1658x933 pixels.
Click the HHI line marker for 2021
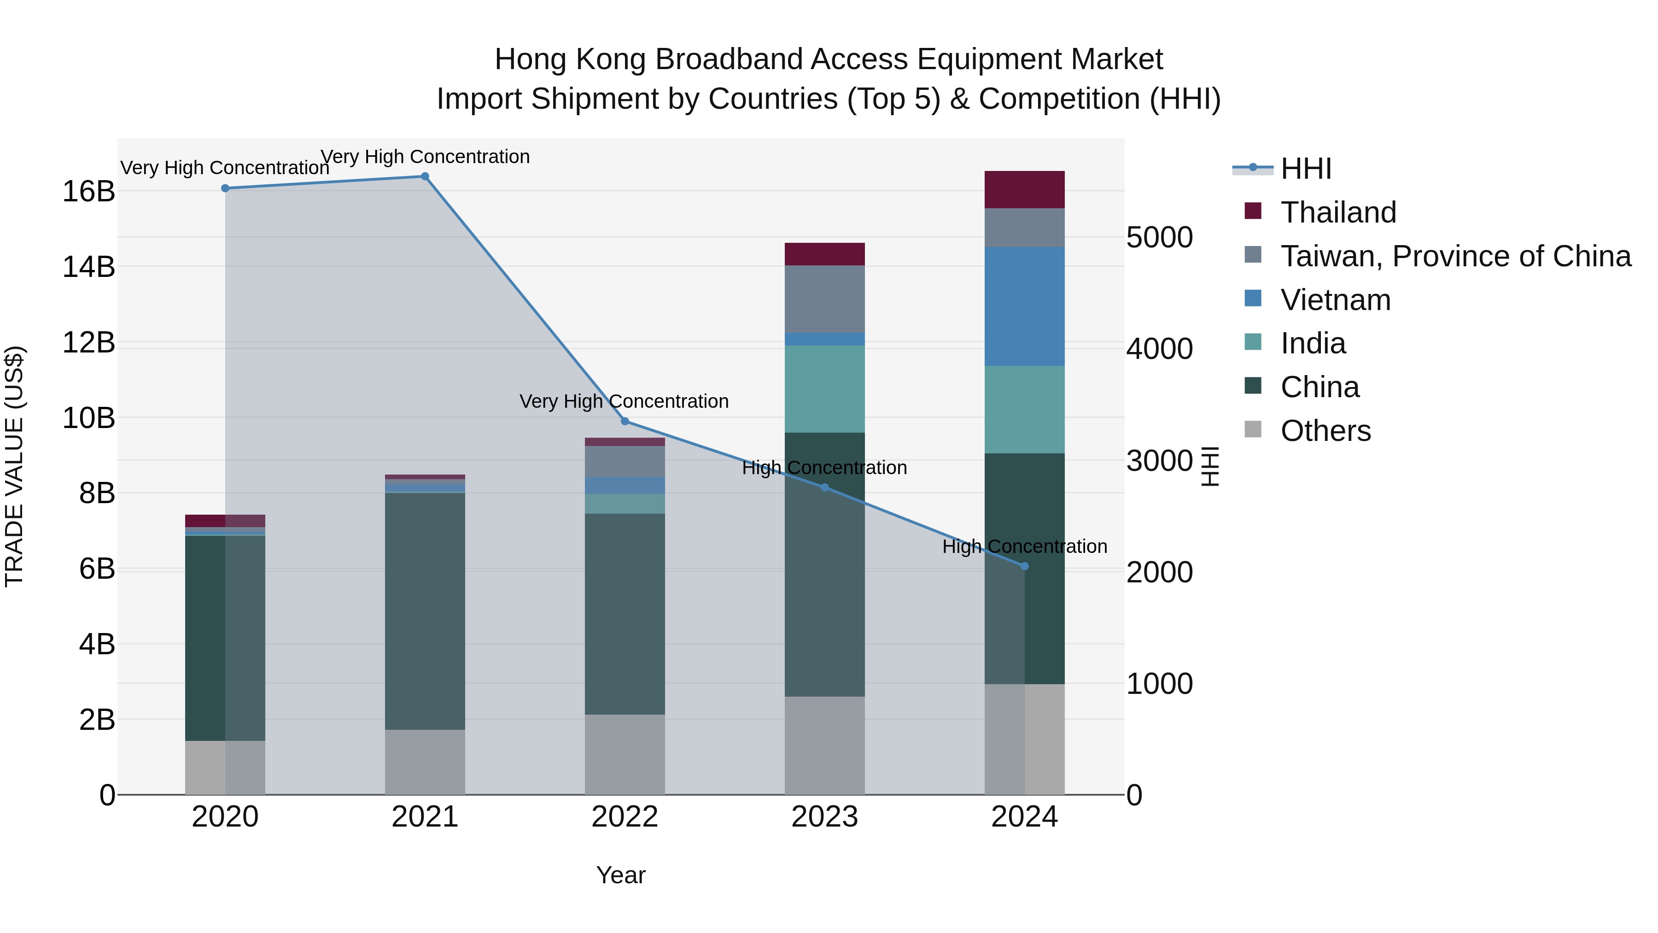425,176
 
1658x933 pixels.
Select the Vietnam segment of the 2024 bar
1025,306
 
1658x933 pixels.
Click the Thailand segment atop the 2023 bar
824,254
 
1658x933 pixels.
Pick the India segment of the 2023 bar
824,389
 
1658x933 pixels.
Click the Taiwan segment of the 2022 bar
625,461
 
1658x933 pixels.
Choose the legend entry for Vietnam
1336,300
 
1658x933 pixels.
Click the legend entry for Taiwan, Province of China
1454,256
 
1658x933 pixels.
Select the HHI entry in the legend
1305,169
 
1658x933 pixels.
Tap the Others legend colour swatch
1253,429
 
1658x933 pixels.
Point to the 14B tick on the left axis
89,267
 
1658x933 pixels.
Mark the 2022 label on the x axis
625,817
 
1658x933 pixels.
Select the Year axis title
620,875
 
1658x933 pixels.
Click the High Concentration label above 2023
824,468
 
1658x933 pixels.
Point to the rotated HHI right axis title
1210,466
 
